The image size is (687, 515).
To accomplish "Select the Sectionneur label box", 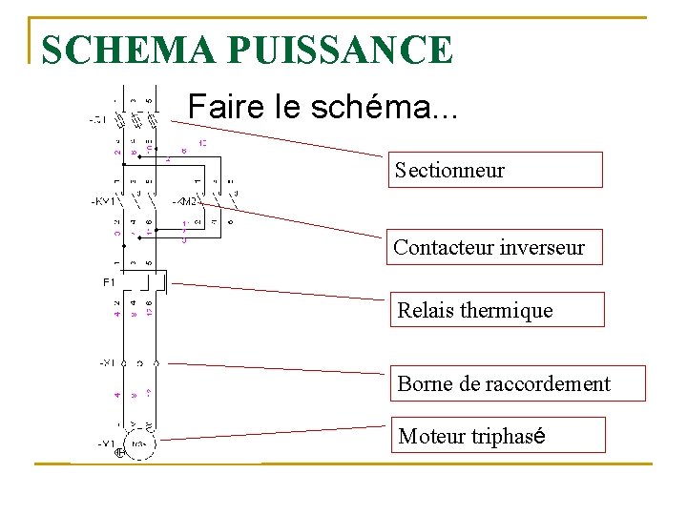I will tap(494, 171).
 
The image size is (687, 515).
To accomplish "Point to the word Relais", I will tap(427, 310).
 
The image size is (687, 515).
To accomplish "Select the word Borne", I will tap(426, 383).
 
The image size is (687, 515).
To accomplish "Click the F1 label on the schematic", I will tap(108, 282).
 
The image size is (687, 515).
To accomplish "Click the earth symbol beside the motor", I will tap(120, 453).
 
